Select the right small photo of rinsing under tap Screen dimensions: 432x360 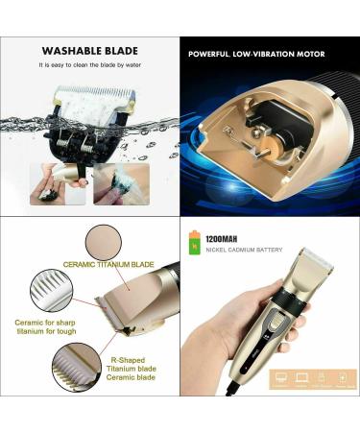(120, 182)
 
